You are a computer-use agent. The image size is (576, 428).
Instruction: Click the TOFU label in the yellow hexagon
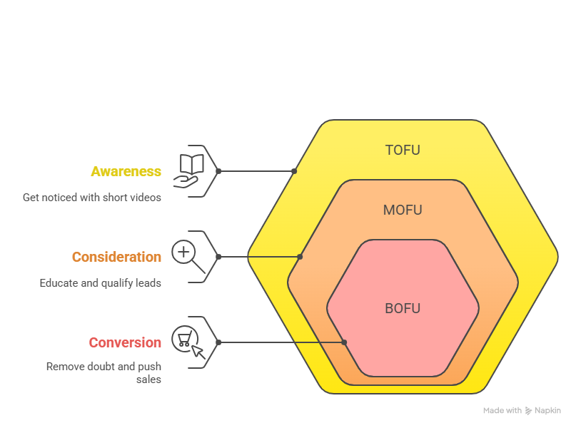[403, 151]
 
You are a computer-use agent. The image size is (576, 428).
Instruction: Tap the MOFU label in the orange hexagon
[403, 210]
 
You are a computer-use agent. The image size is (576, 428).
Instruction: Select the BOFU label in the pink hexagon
[403, 309]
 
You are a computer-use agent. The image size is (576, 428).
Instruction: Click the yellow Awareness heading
[126, 172]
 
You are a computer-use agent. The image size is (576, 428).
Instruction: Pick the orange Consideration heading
[116, 257]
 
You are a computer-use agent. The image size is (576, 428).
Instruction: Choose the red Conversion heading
[125, 342]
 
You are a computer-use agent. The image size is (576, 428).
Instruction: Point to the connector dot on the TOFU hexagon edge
[294, 171]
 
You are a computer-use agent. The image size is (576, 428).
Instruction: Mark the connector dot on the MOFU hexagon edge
[300, 257]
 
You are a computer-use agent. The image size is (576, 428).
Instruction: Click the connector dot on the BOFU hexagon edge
[344, 342]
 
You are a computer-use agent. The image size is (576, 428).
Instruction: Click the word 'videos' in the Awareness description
[146, 198]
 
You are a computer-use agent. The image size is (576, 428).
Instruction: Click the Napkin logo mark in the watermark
[528, 411]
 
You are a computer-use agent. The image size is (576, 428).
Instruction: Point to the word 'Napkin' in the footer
[548, 411]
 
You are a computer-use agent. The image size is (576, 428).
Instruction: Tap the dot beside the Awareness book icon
[218, 171]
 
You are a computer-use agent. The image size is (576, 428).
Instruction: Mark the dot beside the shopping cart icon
[218, 342]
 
